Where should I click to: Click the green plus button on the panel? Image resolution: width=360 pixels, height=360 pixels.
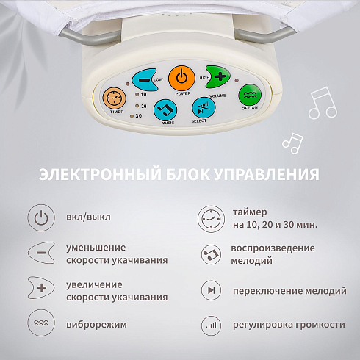tap(218, 77)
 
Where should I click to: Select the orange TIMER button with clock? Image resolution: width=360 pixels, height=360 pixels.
tap(114, 98)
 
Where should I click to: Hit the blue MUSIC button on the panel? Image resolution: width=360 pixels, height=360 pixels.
tap(165, 110)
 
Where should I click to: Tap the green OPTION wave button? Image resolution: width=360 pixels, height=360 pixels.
tap(250, 95)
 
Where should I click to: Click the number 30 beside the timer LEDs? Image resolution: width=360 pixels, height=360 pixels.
tap(139, 115)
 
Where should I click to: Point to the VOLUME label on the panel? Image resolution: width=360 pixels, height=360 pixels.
tap(217, 96)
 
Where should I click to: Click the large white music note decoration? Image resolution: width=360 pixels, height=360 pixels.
tap(323, 103)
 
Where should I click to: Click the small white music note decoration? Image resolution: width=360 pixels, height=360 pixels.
tap(293, 143)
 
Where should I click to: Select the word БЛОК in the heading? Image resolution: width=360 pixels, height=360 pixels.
tap(188, 174)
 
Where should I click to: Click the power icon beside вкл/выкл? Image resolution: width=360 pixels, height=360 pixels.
tap(41, 217)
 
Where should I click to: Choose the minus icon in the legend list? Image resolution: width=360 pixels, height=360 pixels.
tap(41, 253)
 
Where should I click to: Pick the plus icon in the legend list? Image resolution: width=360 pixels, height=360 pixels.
tap(41, 288)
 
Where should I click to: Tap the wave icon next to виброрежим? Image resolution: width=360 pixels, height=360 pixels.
tap(41, 323)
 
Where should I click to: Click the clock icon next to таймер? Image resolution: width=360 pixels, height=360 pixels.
tap(211, 219)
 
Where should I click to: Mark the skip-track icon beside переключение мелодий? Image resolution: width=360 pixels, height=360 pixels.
tap(211, 290)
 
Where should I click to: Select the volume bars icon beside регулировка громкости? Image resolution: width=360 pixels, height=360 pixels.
tap(211, 325)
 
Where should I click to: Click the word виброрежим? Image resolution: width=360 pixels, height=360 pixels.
tap(97, 325)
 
